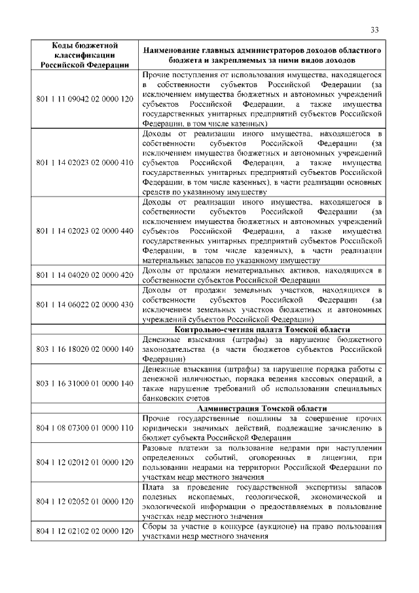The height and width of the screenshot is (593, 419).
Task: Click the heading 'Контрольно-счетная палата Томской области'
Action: point(262,330)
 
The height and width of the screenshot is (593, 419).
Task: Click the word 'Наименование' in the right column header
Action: point(173,50)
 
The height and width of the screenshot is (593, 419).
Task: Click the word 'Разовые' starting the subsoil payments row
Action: point(158,448)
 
